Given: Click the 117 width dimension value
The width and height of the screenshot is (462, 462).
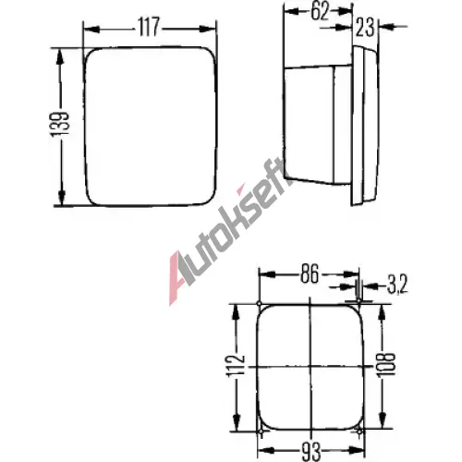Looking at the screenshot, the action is [x=149, y=27].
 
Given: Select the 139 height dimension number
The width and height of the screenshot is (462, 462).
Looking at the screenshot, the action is [x=60, y=124].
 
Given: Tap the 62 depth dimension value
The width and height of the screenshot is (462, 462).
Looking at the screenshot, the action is [x=320, y=12].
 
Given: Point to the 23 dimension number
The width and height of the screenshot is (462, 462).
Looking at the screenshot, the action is [x=365, y=28].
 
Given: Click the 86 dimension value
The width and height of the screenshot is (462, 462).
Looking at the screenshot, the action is [x=310, y=274].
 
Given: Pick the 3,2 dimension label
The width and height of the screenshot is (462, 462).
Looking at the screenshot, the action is [x=397, y=285].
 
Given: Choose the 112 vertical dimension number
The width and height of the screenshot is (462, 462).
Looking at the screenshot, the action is [x=236, y=366].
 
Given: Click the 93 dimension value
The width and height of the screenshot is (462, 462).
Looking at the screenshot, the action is [x=311, y=451].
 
